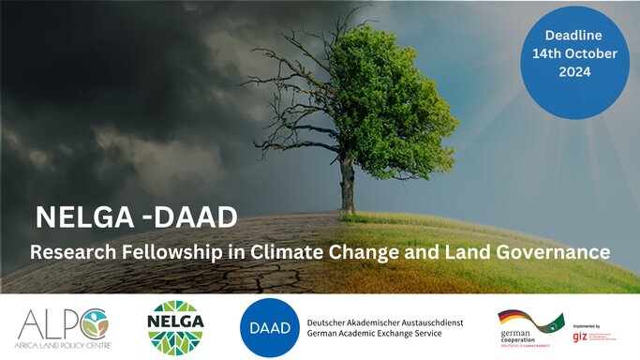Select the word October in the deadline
pyautogui.click(x=588, y=53)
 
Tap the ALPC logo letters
pyautogui.click(x=61, y=322)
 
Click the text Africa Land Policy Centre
pyautogui.click(x=63, y=344)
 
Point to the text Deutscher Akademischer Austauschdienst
pyautogui.click(x=383, y=322)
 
